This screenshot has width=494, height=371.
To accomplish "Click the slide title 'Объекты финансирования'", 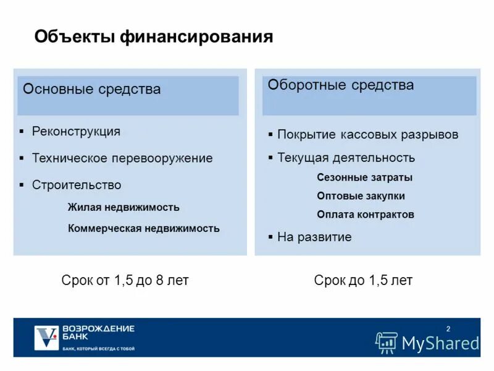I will click(x=153, y=36).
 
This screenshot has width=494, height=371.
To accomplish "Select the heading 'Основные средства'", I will click(x=91, y=89).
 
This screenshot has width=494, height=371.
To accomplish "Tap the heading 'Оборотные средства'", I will click(x=340, y=85).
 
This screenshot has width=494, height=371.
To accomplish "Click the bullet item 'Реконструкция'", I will click(x=76, y=132).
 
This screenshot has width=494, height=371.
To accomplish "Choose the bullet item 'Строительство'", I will click(x=77, y=185).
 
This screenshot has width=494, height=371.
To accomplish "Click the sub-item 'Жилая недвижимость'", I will click(x=124, y=207).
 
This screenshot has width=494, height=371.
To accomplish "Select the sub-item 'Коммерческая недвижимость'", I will click(x=143, y=228).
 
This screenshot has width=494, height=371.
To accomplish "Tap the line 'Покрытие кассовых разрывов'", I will click(x=367, y=135).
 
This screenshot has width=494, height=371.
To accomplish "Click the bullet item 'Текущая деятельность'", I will click(x=346, y=158).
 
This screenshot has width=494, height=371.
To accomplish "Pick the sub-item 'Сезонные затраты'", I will click(x=364, y=177).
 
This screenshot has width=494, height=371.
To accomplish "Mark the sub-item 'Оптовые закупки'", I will click(x=361, y=196).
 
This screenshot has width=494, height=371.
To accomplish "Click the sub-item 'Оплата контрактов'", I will click(x=365, y=215).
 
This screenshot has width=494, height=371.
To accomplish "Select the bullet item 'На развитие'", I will click(x=314, y=237).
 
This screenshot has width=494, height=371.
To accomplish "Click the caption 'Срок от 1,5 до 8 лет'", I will click(x=125, y=281).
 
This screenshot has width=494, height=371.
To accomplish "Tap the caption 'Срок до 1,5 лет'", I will click(x=363, y=281).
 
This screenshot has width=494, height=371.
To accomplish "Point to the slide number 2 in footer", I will click(x=448, y=328).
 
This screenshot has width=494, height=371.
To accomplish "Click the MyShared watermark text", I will click(x=440, y=343).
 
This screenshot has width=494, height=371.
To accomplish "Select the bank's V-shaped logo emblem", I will click(x=46, y=337).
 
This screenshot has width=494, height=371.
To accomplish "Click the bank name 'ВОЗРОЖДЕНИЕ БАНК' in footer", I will click(x=98, y=333).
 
